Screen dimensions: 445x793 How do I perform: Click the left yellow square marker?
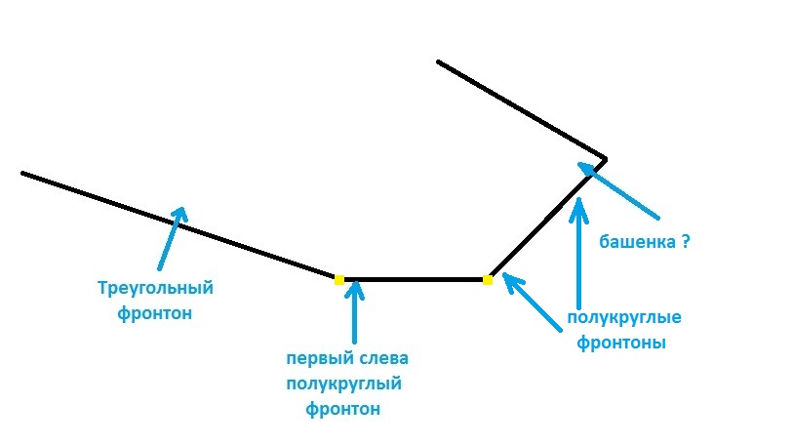339,279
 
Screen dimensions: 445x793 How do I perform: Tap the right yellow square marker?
488,279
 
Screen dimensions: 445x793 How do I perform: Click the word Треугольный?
156,289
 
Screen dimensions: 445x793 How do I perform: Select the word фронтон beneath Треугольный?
154,313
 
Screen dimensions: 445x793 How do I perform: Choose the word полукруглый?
344,384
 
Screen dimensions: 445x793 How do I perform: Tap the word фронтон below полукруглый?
343,410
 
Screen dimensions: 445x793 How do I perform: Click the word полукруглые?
623,318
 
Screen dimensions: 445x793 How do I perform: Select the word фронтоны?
621,344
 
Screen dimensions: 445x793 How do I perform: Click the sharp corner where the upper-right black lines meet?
606,158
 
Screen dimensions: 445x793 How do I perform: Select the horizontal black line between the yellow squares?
415,279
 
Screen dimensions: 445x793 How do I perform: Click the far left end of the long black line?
23,174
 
